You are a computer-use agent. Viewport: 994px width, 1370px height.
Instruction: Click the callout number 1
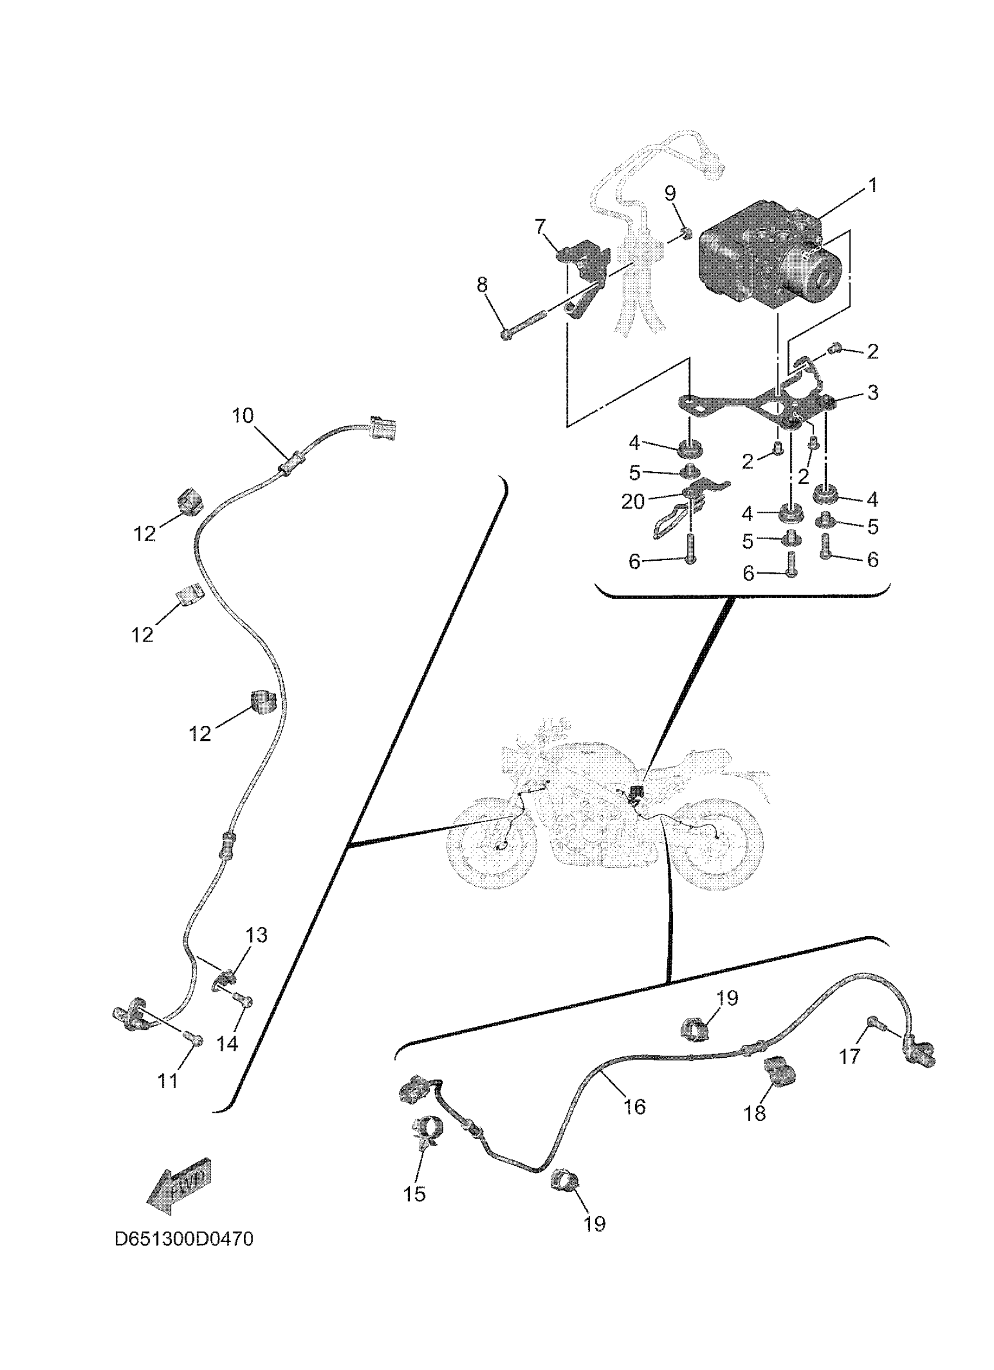(x=871, y=185)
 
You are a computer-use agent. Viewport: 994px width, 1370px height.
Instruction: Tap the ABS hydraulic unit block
(x=767, y=257)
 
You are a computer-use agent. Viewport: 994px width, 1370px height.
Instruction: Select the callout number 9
(x=670, y=194)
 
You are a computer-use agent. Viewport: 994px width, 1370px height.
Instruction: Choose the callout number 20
(x=633, y=501)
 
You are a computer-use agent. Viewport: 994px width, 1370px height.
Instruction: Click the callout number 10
(x=243, y=416)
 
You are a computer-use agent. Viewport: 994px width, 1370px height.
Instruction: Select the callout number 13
(x=256, y=935)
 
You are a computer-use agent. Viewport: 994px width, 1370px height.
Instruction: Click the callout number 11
(x=168, y=1080)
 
